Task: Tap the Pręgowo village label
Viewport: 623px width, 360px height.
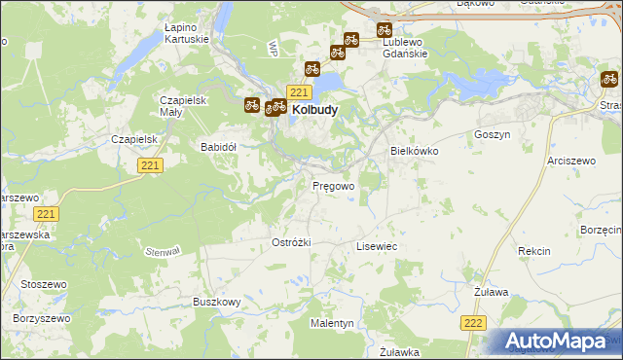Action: tap(332, 184)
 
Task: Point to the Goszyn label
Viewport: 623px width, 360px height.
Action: tap(492, 133)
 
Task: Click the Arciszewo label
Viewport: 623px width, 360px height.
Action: tap(570, 159)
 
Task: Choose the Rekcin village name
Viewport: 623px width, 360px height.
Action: tap(533, 251)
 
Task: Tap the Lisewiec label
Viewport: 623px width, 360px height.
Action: tap(377, 247)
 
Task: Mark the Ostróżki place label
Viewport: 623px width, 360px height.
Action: tap(290, 241)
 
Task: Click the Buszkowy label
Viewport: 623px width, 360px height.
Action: tap(216, 303)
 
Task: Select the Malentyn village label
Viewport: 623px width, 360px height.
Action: tap(332, 322)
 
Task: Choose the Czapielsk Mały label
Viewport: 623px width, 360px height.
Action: tap(181, 106)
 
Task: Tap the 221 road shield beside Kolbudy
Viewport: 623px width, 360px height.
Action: tap(299, 92)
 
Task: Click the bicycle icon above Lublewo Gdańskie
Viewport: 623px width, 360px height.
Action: tap(384, 30)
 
